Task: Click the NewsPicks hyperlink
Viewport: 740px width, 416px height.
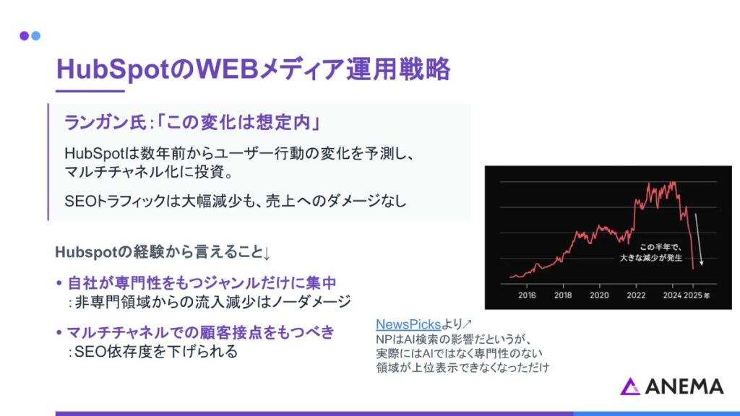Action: [x=408, y=324]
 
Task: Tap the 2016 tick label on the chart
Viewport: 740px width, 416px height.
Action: [x=527, y=295]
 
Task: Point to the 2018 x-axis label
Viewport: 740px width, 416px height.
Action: [x=562, y=295]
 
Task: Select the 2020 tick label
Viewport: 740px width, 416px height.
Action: [x=599, y=295]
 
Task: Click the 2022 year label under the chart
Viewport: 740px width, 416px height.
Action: [x=636, y=295]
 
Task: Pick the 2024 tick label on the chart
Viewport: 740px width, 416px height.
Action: [x=672, y=295]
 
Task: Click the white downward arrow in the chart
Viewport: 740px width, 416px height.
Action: [x=699, y=239]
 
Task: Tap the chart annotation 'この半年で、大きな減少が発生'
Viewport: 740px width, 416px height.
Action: [x=651, y=252]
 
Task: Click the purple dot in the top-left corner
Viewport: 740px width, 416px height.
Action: [x=24, y=36]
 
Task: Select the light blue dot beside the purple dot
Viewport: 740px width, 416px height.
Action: [x=36, y=36]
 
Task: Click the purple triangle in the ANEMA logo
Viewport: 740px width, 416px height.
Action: [x=629, y=386]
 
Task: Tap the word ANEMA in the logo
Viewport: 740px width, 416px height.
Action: [x=684, y=387]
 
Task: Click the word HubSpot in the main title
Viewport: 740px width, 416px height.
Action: [x=112, y=70]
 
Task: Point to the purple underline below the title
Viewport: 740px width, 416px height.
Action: [x=90, y=91]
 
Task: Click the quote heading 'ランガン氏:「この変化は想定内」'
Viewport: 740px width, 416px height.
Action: [x=193, y=123]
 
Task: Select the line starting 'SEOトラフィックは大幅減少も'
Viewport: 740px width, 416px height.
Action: [x=236, y=201]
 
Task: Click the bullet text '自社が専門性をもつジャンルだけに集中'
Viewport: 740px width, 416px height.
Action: [x=202, y=283]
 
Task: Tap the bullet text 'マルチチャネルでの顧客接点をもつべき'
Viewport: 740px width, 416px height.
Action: [x=201, y=332]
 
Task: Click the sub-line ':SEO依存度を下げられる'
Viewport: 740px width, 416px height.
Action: [x=153, y=352]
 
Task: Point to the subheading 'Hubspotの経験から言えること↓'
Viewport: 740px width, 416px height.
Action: [x=163, y=252]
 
